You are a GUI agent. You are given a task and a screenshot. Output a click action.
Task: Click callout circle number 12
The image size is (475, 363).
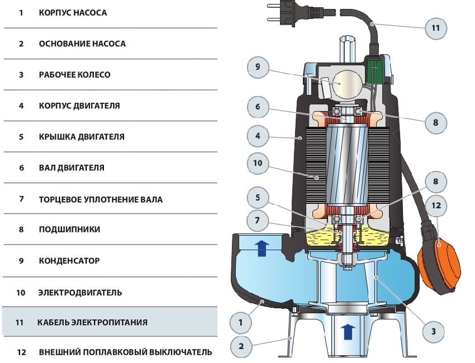point(436,206)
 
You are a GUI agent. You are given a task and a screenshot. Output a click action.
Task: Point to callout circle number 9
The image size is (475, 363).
point(258,67)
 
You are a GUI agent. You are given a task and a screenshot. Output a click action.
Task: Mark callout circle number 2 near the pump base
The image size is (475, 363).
point(241,346)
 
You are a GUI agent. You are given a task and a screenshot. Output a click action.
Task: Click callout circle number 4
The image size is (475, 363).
point(258,135)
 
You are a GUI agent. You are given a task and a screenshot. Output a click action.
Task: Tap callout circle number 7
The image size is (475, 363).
point(258,220)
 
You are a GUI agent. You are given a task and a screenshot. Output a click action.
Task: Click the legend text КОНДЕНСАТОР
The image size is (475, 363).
point(69,261)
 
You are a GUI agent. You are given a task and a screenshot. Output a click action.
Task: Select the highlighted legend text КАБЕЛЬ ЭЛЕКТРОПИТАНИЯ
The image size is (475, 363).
point(92,322)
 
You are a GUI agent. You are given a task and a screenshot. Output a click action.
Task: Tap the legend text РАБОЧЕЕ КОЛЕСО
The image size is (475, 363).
point(74,74)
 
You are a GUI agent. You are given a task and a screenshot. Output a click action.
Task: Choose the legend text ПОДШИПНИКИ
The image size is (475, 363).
point(70,229)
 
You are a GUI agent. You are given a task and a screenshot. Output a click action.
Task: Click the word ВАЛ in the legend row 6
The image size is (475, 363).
point(46,168)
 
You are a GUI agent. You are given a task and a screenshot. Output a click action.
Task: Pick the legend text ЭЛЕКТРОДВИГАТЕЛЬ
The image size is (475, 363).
point(79,292)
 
